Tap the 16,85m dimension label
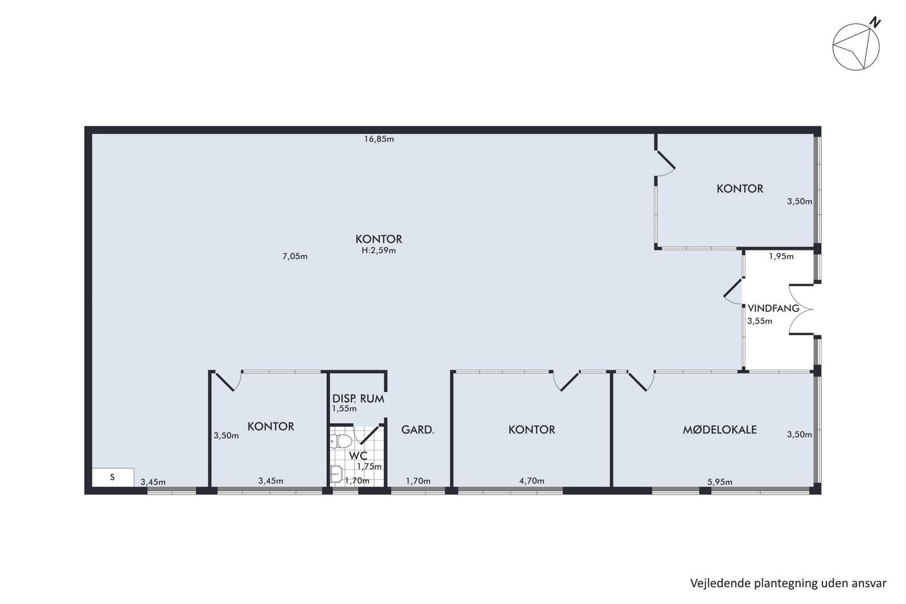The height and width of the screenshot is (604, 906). coord(379,139)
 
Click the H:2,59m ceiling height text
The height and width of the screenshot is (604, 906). coord(379,251)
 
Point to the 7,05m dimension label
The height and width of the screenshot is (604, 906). coord(295,256)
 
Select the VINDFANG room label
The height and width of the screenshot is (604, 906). coord(773,308)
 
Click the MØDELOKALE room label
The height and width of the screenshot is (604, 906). coord(720,430)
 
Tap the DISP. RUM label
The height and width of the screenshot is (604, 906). coord(359,399)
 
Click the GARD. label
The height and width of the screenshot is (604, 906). coord(417,430)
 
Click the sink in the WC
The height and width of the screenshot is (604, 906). coord(336,473)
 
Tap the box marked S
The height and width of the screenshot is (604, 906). coord(113,477)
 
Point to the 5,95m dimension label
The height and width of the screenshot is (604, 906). coord(720,482)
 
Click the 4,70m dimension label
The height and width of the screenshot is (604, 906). coord(531,481)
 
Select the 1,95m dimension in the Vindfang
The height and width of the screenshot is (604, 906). coord(781,256)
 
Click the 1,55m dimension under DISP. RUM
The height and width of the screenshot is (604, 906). coord(344,408)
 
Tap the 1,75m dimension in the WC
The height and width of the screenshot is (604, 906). coord(370,467)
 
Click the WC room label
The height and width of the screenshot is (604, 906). coord(358,456)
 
